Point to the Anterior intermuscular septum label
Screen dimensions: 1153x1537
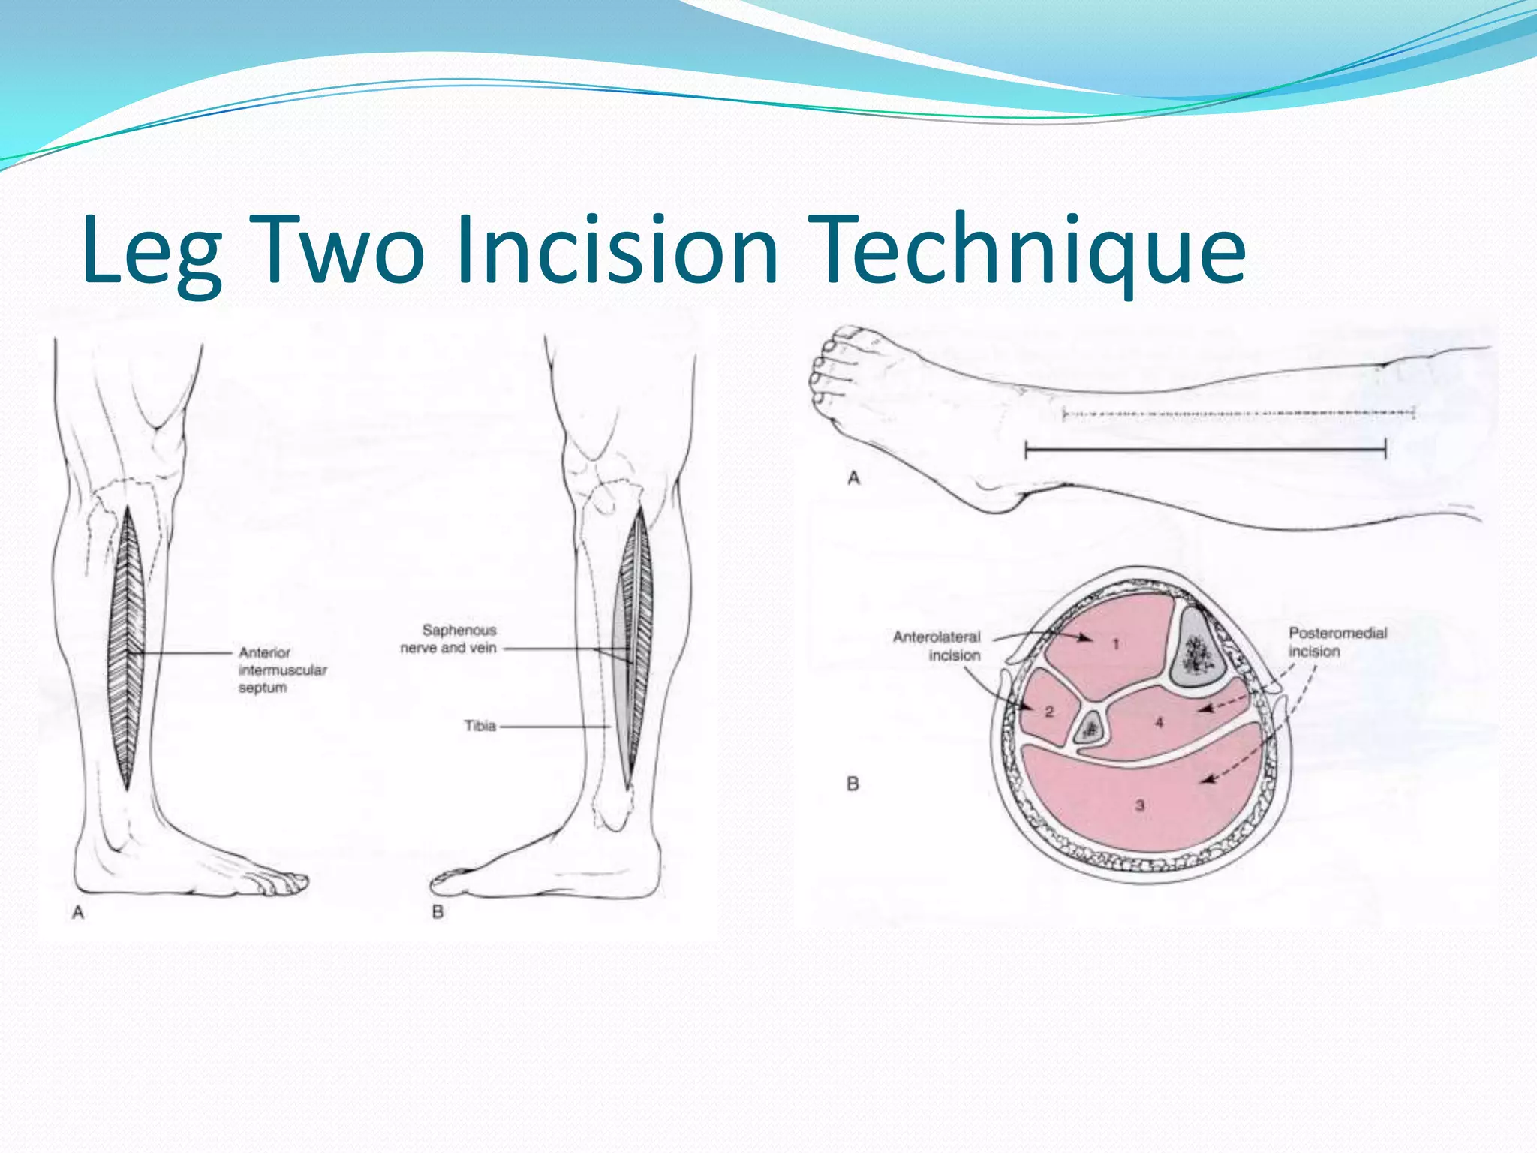click(282, 670)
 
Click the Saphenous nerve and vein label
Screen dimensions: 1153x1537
click(449, 639)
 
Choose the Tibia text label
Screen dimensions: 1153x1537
click(480, 726)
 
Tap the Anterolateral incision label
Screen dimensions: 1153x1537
click(937, 646)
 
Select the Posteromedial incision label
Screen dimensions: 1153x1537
click(1337, 642)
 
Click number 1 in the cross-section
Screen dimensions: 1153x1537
click(1116, 643)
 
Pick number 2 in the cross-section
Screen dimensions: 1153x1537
click(1049, 711)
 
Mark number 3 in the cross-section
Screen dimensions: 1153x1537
click(1139, 805)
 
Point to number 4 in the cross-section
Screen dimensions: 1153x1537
click(1159, 722)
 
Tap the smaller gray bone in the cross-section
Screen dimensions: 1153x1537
click(1090, 727)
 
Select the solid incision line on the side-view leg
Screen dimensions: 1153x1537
click(1205, 450)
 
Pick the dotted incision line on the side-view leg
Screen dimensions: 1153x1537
click(1238, 413)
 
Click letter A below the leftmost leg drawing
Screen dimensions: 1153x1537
click(77, 912)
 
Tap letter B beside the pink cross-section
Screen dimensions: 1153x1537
click(853, 784)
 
